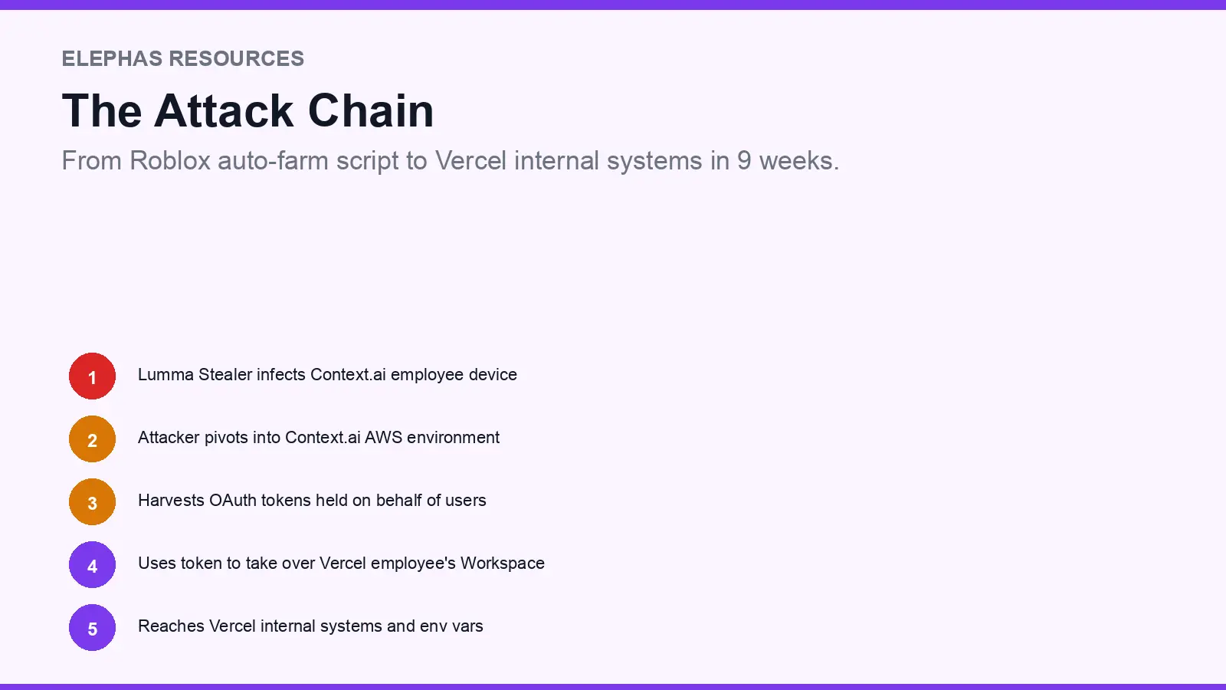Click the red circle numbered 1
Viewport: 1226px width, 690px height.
(x=92, y=376)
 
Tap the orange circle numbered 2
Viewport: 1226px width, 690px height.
(x=92, y=439)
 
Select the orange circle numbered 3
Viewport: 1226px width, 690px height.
(x=92, y=502)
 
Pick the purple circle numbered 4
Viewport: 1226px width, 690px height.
(x=92, y=565)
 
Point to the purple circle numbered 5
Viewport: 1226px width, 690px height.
(x=92, y=628)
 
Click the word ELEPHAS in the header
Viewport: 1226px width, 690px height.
(x=112, y=59)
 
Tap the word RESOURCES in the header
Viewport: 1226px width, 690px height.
(x=237, y=59)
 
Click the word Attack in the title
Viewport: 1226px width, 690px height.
(x=225, y=111)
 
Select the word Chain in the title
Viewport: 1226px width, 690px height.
(x=371, y=111)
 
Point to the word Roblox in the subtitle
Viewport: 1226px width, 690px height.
(x=170, y=161)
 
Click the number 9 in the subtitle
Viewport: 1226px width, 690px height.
(x=744, y=161)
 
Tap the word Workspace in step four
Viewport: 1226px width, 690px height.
(x=503, y=563)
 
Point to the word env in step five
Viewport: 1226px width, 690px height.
(x=434, y=626)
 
